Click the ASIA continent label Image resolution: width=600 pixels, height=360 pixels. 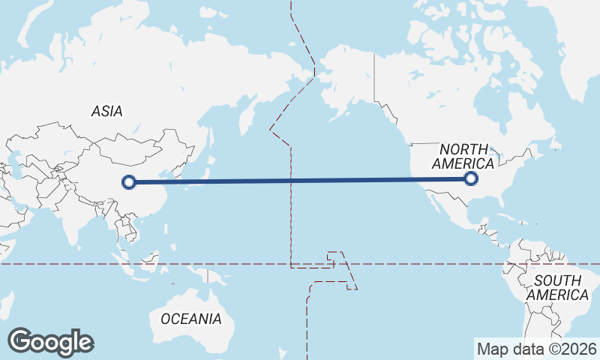pyautogui.click(x=106, y=111)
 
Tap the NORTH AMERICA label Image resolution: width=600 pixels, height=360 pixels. pyautogui.click(x=463, y=156)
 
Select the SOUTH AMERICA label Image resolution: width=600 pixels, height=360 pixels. pyautogui.click(x=557, y=287)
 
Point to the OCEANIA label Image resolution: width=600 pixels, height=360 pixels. pyautogui.click(x=191, y=319)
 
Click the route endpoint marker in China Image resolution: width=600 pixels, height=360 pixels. pyautogui.click(x=129, y=181)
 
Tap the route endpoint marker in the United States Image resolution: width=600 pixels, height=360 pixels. pyautogui.click(x=471, y=178)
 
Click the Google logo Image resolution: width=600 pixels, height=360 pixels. pyautogui.click(x=50, y=342)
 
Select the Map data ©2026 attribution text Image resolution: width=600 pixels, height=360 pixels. pyautogui.click(x=536, y=349)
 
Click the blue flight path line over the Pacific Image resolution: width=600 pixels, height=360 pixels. pyautogui.click(x=300, y=180)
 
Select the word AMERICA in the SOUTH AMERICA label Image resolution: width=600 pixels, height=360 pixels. pyautogui.click(x=557, y=295)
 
